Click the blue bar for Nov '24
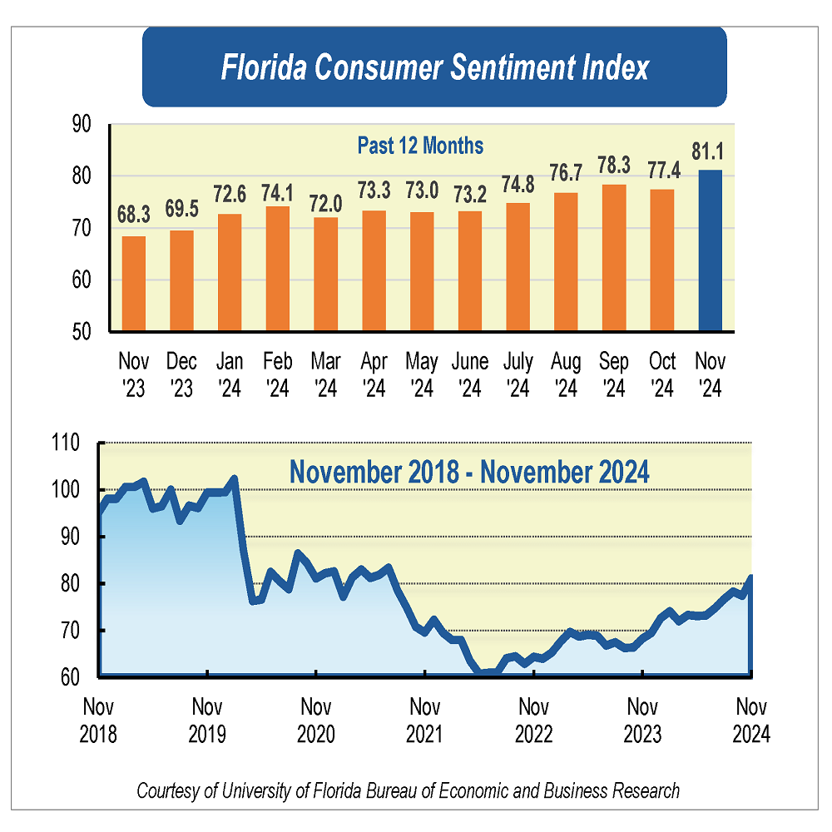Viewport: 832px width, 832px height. click(711, 250)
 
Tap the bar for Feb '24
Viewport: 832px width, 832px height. click(278, 268)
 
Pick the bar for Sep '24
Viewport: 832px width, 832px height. click(614, 257)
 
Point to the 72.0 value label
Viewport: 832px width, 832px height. click(325, 201)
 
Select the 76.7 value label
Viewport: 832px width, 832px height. click(566, 176)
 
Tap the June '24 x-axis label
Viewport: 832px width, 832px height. click(470, 374)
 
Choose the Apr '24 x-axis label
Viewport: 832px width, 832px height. click(374, 374)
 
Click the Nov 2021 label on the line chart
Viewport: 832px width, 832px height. click(424, 721)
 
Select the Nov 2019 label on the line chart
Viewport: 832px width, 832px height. click(207, 721)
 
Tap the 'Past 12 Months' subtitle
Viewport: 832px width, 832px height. click(420, 146)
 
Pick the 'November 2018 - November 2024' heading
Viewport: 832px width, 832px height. click(469, 472)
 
